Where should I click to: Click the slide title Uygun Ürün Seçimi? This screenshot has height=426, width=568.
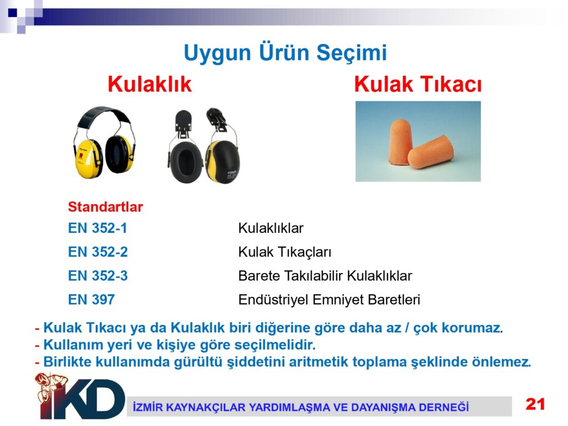pos(285,53)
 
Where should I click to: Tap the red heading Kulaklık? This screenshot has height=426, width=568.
pos(149,84)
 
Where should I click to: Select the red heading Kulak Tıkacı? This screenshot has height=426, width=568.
pos(418,84)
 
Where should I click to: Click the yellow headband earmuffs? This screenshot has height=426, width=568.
pos(104,143)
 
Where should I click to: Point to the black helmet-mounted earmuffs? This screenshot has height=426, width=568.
pos(203,146)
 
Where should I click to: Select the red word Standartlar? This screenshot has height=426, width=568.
pos(105,207)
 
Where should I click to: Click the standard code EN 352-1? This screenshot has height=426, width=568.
pos(98,228)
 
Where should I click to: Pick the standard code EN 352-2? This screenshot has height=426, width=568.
pos(98,252)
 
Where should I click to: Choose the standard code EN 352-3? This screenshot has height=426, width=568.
pos(98,276)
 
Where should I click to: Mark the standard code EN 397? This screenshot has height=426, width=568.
pos(92,300)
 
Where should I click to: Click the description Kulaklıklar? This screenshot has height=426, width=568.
pos(271,228)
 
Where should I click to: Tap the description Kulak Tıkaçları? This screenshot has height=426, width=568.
pos(285,252)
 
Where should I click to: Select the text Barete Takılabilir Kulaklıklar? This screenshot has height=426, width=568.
pos(325,276)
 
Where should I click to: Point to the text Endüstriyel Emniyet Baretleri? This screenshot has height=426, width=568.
pos(329,300)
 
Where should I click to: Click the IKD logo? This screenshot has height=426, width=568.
pos(80,396)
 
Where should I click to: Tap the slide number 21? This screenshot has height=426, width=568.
pos(535,404)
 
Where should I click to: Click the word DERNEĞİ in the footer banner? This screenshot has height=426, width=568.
pos(444,407)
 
